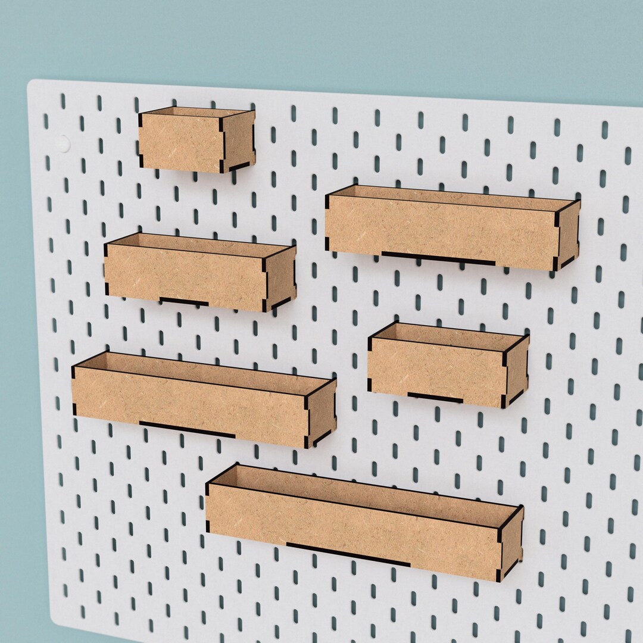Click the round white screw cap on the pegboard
point(62,143)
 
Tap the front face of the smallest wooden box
point(180,142)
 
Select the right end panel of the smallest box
point(239,141)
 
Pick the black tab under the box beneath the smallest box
point(184,302)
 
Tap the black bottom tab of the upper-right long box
point(438,258)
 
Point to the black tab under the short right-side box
point(435,397)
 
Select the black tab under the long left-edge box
point(187,429)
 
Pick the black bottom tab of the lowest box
point(348,554)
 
